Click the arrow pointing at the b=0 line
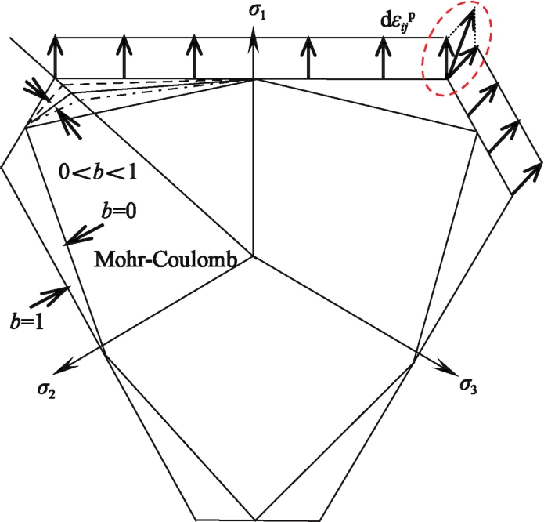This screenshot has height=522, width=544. pyautogui.click(x=83, y=230)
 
